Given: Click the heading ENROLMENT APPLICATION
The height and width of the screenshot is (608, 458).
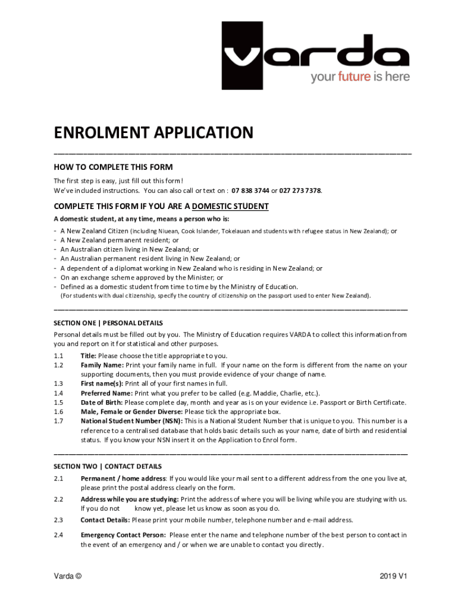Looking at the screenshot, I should [x=153, y=132].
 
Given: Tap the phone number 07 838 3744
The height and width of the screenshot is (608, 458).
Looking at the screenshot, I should [x=251, y=191].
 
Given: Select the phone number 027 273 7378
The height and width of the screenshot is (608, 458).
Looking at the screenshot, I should [x=300, y=191].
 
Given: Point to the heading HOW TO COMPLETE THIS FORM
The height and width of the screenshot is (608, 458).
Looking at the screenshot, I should [x=113, y=167].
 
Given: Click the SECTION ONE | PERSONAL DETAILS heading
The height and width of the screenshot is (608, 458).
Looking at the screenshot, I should [x=108, y=323].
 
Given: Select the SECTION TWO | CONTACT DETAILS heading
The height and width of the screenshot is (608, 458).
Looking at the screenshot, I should [x=108, y=466].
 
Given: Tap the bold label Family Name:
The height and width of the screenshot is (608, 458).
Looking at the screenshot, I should [x=102, y=365].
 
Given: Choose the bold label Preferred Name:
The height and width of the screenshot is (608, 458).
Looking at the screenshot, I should [x=106, y=393].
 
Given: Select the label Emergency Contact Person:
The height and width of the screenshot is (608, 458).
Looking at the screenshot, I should [x=123, y=535].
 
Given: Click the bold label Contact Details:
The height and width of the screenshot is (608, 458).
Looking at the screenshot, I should [x=105, y=520].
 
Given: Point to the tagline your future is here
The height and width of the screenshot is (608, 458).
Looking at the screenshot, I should [x=360, y=77].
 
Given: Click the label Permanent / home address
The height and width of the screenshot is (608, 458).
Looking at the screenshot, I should [x=123, y=478].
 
